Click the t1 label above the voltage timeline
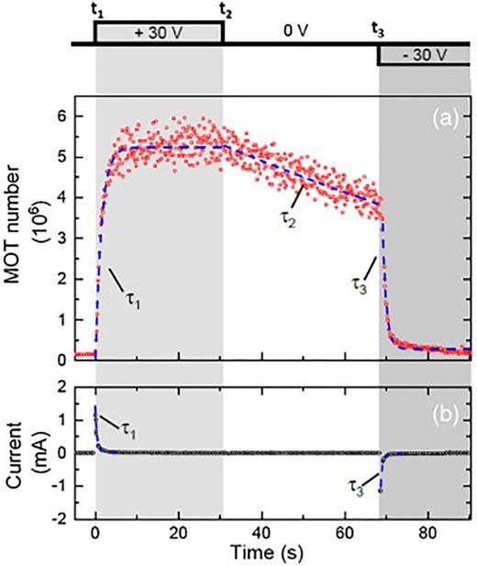coord(97,11)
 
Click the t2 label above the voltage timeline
coord(224,11)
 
